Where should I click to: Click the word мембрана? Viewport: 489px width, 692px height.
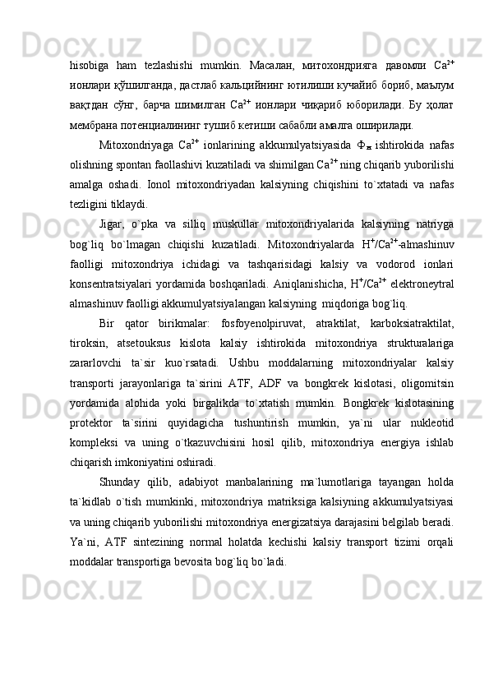[96, 125]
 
